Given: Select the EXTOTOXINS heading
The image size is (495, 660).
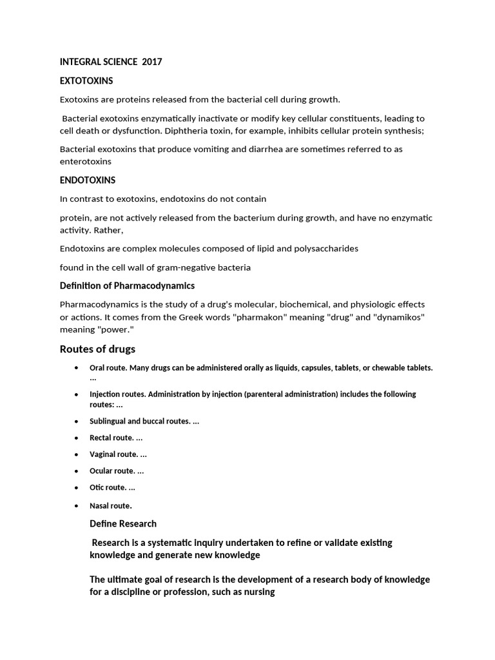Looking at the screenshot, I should [86, 81].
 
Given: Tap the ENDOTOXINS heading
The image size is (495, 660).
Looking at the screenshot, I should [88, 180].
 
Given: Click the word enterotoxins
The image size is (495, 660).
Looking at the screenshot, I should [86, 161].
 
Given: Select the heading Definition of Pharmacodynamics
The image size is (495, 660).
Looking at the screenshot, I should [127, 286].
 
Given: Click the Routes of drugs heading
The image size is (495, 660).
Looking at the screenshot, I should [97, 349].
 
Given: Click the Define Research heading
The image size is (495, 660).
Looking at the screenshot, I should [123, 523].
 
